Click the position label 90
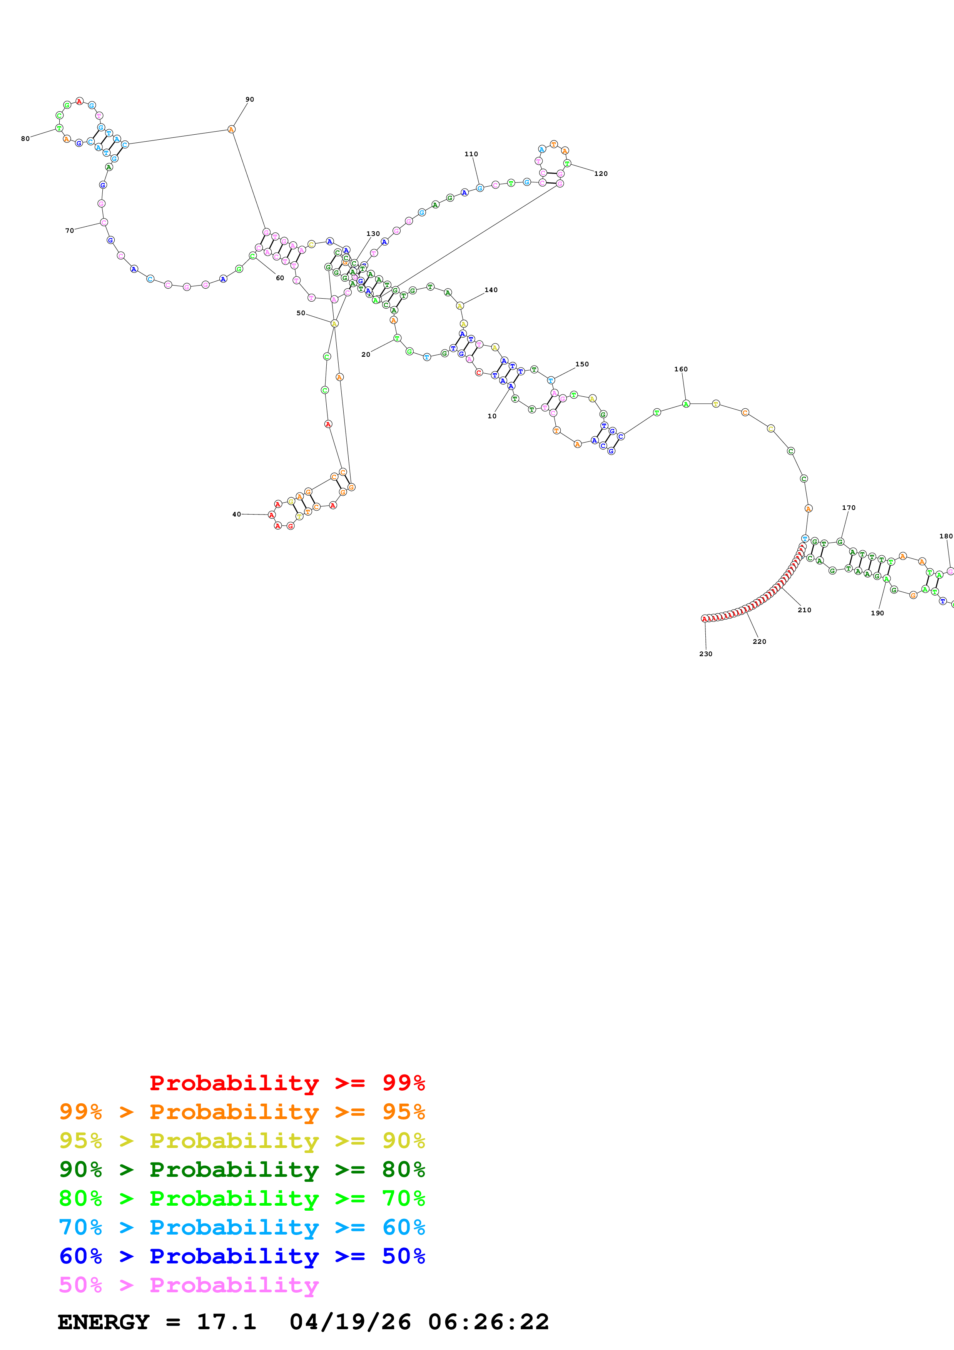250,99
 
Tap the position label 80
25,139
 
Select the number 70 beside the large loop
69,231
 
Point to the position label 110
471,154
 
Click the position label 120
601,174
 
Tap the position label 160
681,369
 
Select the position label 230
705,654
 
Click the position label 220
759,642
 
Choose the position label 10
492,416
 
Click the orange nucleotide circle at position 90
232,129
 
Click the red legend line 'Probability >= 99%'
287,1083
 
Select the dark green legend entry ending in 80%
242,1170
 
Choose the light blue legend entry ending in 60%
242,1227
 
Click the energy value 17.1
226,1322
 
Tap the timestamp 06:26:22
488,1322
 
